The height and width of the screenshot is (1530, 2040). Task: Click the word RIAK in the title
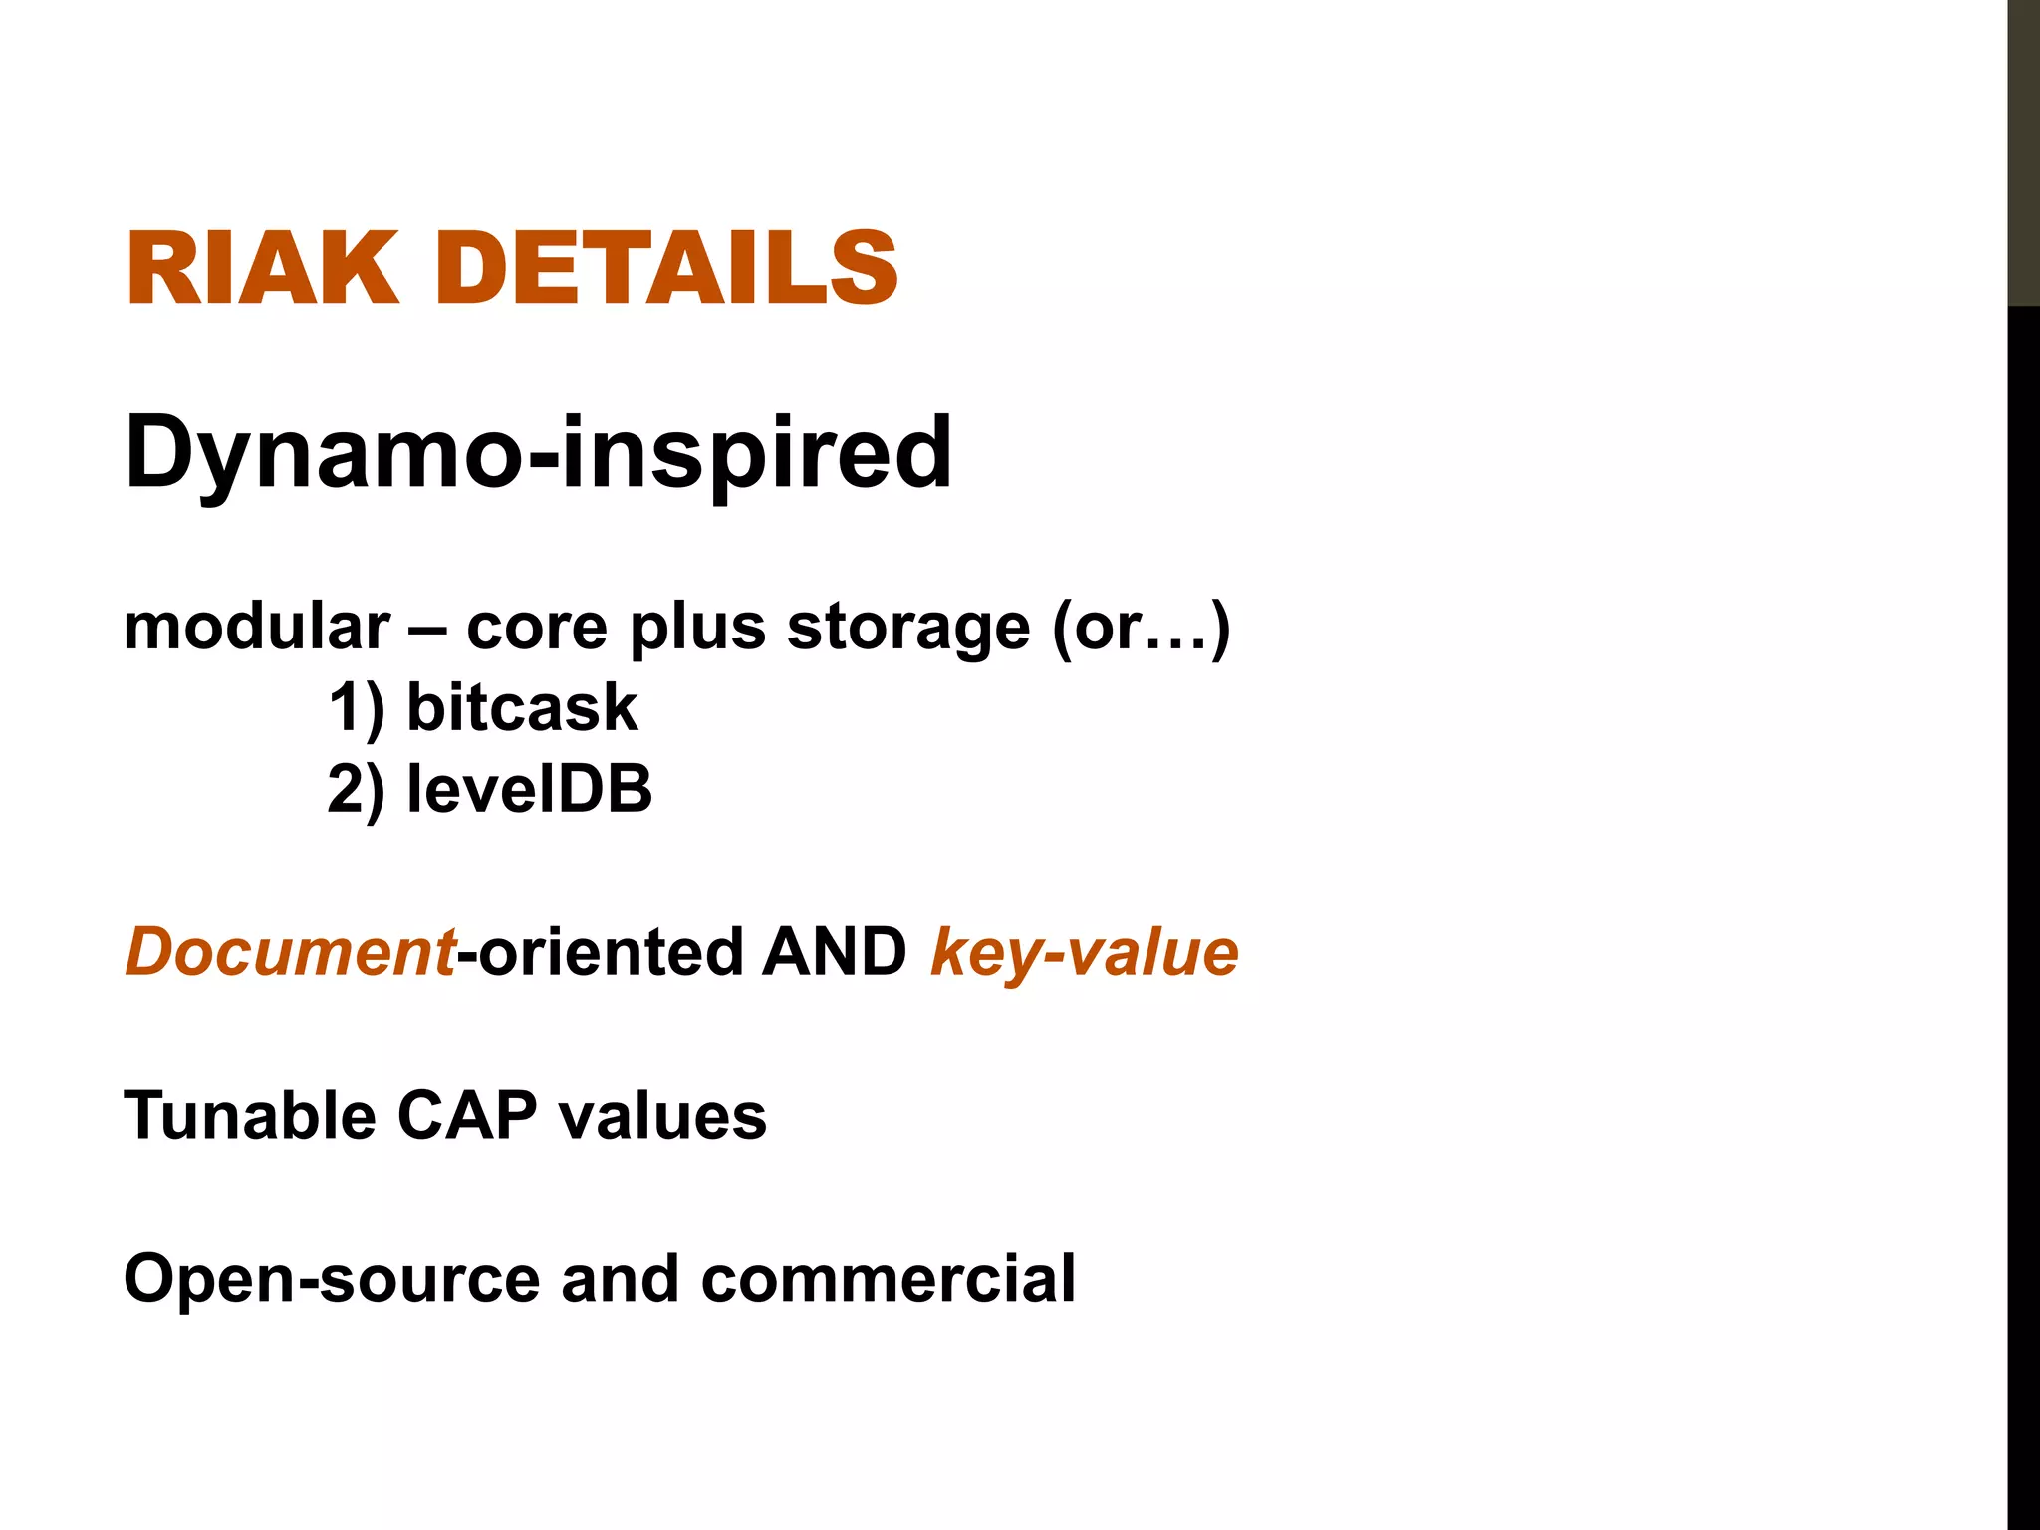pos(262,269)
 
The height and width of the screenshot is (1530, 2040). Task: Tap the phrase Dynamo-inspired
pos(538,453)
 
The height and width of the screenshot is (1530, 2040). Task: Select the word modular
pos(257,628)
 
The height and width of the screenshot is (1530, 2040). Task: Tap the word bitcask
pos(522,708)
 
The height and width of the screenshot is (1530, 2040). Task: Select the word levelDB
pos(529,790)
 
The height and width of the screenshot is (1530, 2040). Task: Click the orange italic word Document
pos(290,952)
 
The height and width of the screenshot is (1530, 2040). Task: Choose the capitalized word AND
pos(834,952)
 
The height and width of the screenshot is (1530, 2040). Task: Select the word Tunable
pos(250,1115)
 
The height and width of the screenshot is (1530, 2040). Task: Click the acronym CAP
pos(467,1115)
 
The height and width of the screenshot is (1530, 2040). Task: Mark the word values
pos(662,1115)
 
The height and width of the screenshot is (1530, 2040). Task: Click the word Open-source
pos(332,1279)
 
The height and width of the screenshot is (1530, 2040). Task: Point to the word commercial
pos(889,1279)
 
